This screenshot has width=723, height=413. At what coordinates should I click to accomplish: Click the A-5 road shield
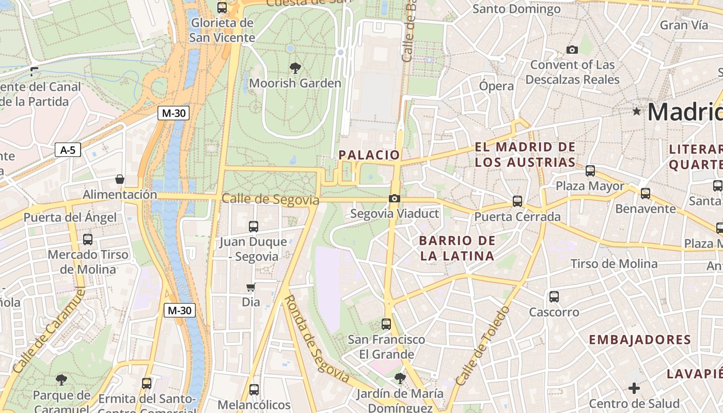[68, 150]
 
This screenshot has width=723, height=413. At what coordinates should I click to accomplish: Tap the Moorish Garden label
[295, 83]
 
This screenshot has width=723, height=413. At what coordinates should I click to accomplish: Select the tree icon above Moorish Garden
[295, 68]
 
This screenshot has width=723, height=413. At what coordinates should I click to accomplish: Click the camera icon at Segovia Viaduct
[395, 198]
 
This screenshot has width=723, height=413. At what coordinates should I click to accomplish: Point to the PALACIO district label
[369, 155]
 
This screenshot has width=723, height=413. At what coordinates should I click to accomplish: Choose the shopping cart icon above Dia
[250, 288]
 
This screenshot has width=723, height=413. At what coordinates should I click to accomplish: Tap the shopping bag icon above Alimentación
[120, 179]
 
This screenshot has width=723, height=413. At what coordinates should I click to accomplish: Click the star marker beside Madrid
[636, 111]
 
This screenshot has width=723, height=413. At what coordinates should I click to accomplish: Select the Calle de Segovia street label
[271, 199]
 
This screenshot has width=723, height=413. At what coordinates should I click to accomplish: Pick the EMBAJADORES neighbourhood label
[640, 340]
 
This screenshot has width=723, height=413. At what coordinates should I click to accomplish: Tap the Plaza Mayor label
[590, 186]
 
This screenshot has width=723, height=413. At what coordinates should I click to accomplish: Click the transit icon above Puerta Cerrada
[517, 201]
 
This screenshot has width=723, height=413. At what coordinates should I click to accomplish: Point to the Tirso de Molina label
[614, 264]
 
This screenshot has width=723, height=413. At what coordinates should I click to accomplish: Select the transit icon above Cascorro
[554, 296]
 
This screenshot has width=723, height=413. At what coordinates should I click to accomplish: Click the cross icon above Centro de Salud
[634, 388]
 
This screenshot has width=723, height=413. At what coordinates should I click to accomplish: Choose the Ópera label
[496, 86]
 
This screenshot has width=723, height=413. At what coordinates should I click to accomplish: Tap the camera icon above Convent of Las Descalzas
[572, 50]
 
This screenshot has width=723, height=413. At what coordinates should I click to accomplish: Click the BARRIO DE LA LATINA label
[457, 248]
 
